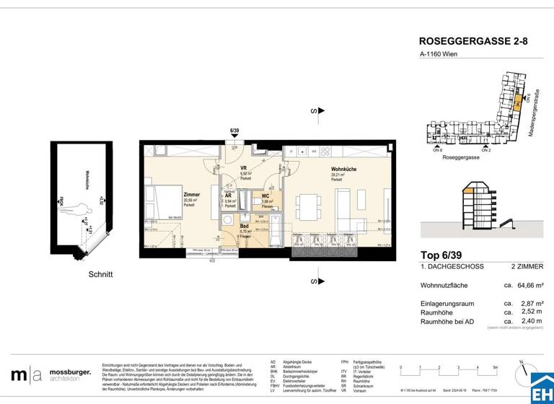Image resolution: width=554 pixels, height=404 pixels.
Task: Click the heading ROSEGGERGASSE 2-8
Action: [x=473, y=42]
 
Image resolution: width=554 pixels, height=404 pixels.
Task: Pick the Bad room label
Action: [x=245, y=225]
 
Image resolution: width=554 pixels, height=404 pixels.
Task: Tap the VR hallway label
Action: [x=245, y=169]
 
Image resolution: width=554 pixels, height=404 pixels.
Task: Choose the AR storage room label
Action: [x=228, y=196]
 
